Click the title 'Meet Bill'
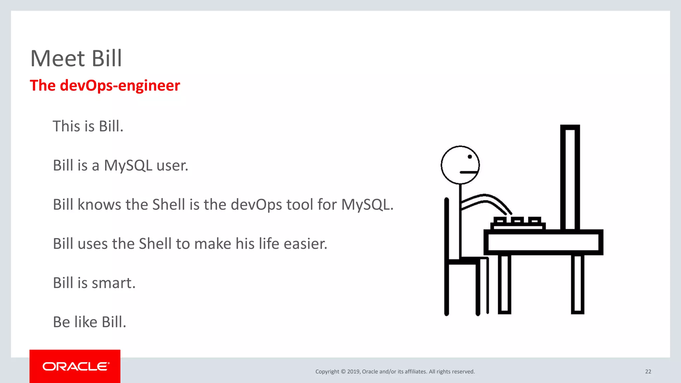tap(76, 59)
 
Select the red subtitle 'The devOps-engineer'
tap(105, 85)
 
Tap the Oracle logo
tap(75, 366)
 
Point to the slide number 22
tap(648, 371)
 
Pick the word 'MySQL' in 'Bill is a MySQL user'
tap(128, 166)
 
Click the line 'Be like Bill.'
tap(89, 322)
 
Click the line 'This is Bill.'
tap(88, 126)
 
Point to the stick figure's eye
tap(470, 157)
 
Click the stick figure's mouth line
tap(469, 172)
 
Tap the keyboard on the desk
tap(517, 223)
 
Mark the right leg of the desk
tap(578, 284)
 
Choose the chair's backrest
tap(447, 229)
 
